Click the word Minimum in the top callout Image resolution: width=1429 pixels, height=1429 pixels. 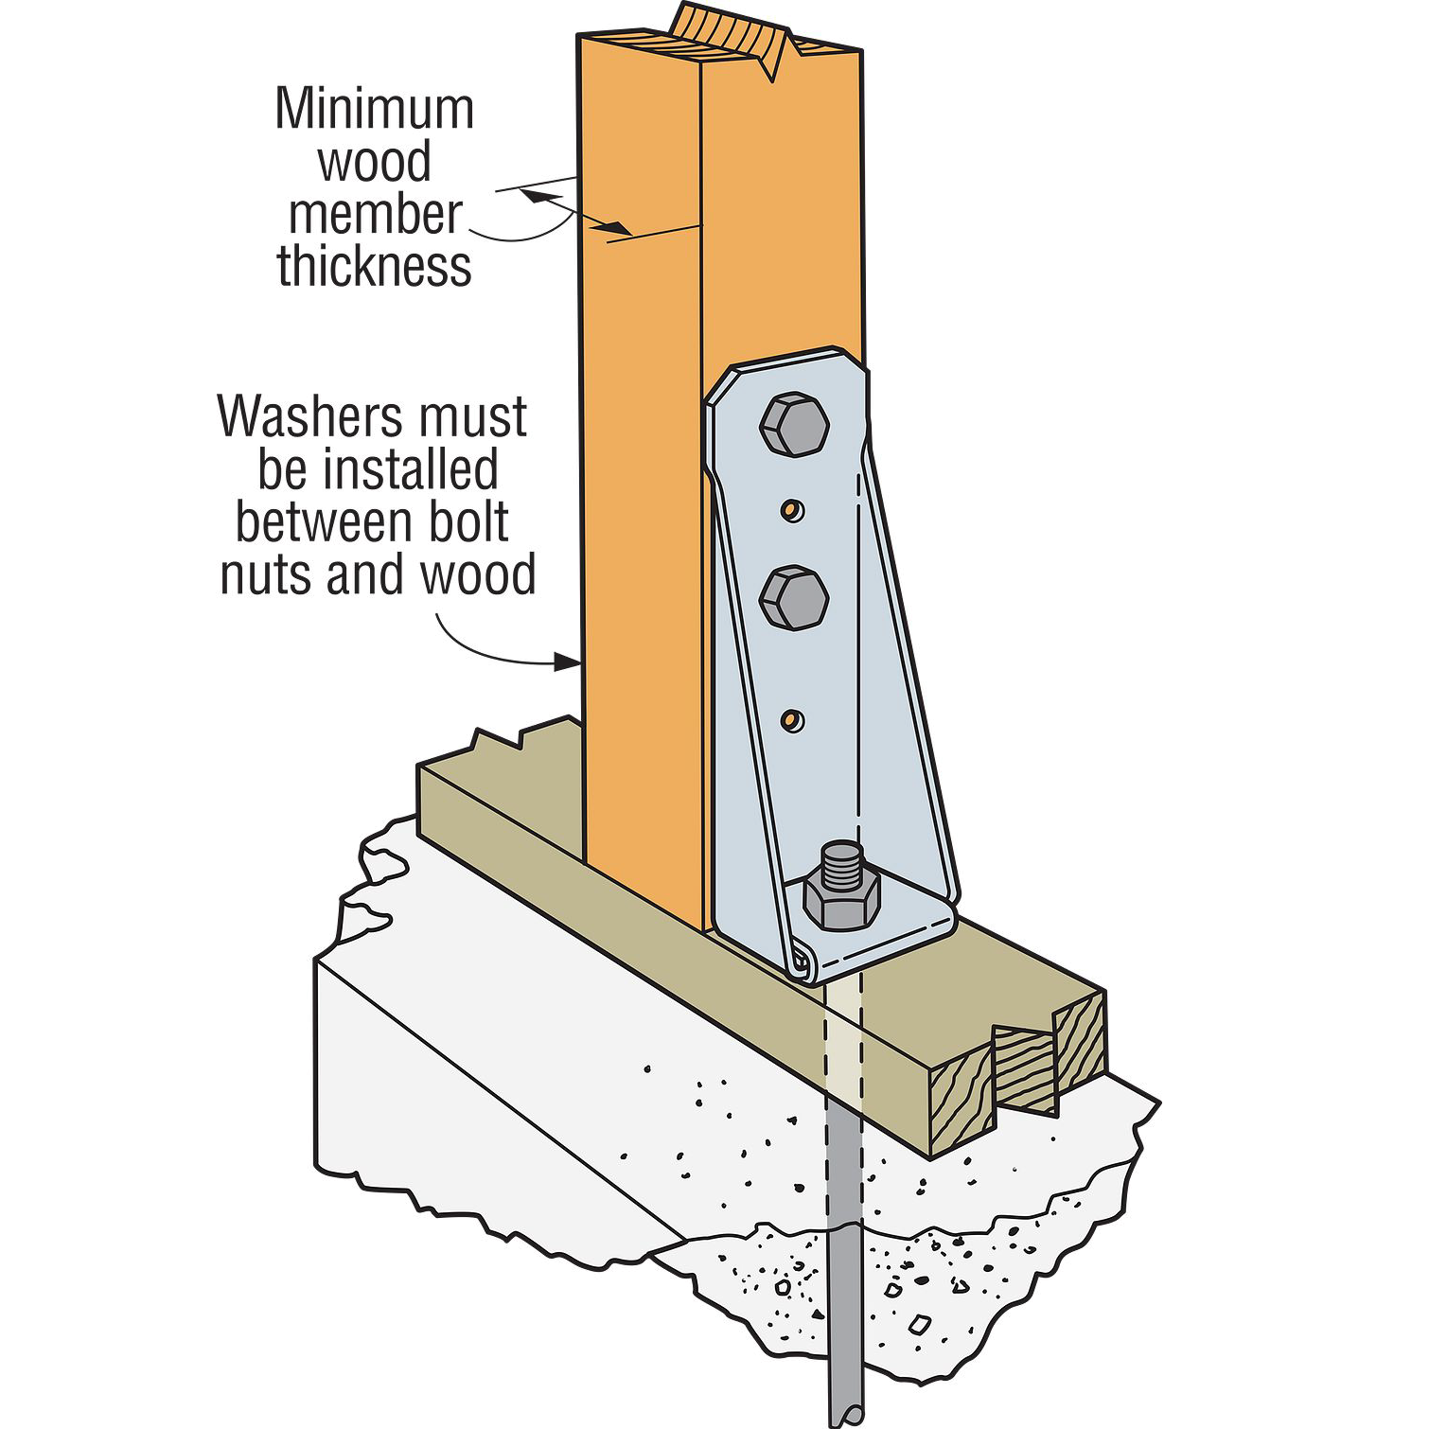click(375, 110)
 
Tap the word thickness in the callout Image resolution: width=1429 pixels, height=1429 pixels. click(375, 267)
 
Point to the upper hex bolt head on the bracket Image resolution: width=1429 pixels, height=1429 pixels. click(794, 426)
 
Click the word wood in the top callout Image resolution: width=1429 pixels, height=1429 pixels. click(375, 163)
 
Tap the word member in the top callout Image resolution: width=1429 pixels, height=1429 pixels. click(375, 215)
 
